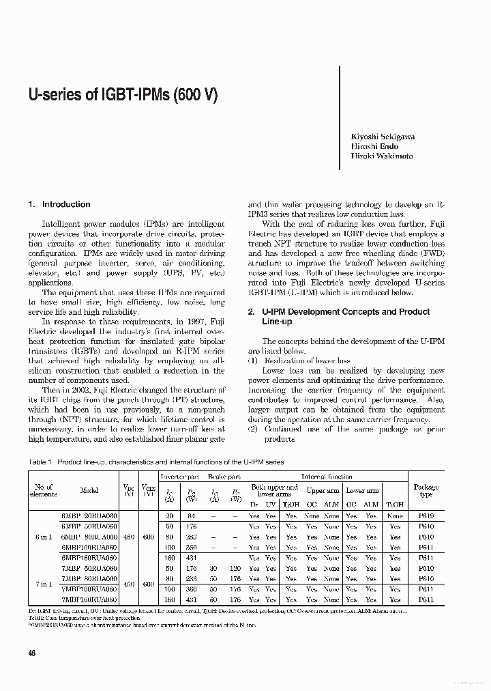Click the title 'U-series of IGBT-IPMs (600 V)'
tap(123, 95)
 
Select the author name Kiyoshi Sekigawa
tap(382, 137)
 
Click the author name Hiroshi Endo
tap(374, 146)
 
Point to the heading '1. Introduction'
tap(59, 204)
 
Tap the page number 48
tap(33, 653)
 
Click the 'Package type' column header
tap(426, 490)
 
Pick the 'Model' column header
tap(89, 490)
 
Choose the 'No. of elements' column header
tap(42, 490)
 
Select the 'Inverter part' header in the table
tap(179, 477)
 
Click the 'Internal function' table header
tap(327, 477)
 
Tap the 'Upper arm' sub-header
tap(323, 490)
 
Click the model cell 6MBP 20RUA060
tap(89, 516)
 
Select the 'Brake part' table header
tap(224, 477)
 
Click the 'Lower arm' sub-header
tap(362, 490)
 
